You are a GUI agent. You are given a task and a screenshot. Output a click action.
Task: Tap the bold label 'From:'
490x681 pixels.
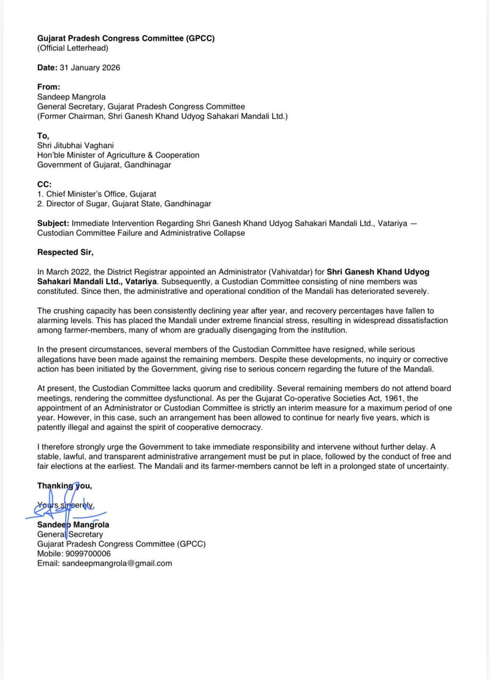[x=48, y=87]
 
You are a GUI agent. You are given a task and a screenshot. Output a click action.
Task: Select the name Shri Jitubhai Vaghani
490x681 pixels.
[x=75, y=145]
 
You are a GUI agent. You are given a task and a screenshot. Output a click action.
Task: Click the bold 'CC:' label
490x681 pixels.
[x=44, y=184]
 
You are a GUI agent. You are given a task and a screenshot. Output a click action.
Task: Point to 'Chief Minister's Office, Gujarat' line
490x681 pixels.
[x=101, y=194]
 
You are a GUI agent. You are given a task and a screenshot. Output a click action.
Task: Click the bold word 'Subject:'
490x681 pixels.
[x=53, y=223]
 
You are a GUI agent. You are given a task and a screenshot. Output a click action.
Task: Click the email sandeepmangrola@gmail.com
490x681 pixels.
[x=117, y=563]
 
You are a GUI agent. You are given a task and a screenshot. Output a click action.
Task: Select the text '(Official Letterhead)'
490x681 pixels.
[x=72, y=48]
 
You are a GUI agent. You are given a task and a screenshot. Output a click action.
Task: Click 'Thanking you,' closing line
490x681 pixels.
[x=64, y=486]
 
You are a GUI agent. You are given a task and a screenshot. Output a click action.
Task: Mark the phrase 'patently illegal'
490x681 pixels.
[x=63, y=427]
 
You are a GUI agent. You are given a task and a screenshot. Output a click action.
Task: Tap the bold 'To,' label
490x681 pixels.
[x=43, y=136]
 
